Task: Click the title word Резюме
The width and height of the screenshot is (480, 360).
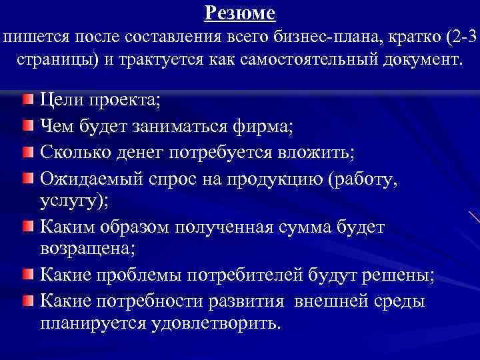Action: click(x=240, y=12)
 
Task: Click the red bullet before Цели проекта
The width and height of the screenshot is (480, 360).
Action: click(x=26, y=101)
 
